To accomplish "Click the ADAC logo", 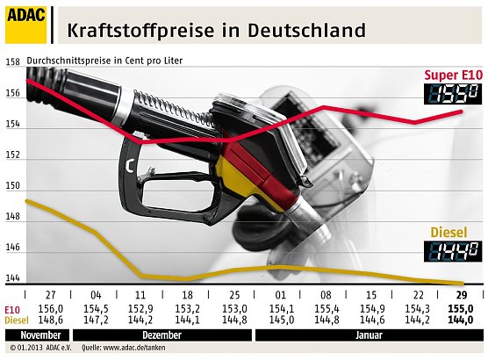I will (26, 23).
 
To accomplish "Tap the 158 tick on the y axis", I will (13, 62).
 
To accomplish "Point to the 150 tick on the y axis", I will (13, 187).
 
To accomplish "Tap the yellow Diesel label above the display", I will (456, 233).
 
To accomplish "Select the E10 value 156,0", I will (50, 310).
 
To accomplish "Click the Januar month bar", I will (368, 335).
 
